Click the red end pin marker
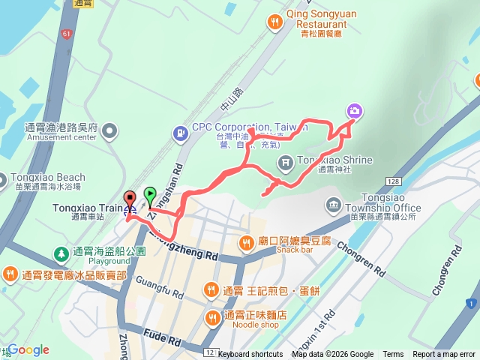point(129,199)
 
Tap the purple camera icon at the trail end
point(354,112)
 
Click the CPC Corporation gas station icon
point(180,133)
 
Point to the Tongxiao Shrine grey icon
point(286,162)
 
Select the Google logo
point(28,349)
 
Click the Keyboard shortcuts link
point(250,355)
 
